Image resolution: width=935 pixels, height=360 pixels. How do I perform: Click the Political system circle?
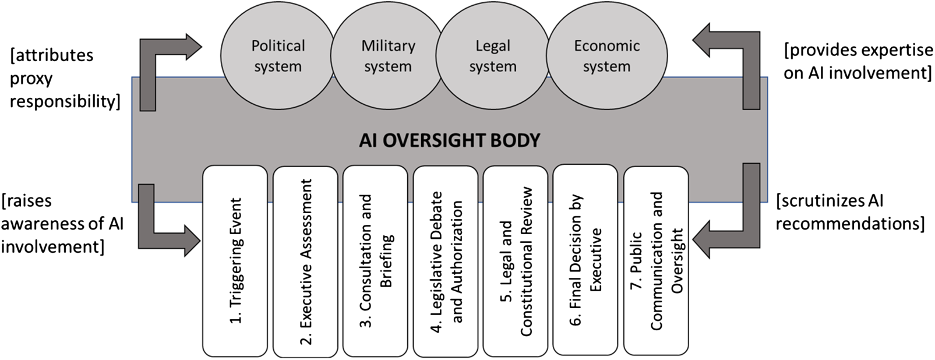point(277,55)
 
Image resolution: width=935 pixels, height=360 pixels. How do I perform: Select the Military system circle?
point(387,55)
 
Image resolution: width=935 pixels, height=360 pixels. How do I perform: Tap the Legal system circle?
point(493,55)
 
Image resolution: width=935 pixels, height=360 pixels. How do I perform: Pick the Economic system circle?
point(606,55)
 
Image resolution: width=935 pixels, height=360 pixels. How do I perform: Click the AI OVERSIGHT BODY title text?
point(449,140)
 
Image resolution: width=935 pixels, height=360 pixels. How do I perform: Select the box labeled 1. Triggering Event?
point(235,261)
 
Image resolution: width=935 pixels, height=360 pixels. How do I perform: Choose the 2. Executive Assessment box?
point(305,262)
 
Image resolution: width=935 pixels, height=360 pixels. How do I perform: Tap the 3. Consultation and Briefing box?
point(375,261)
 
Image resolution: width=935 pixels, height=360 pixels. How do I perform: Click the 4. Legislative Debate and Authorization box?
point(446,262)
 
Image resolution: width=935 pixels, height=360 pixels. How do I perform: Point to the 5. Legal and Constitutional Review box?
point(516,261)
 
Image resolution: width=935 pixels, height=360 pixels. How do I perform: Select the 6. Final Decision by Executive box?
point(585,260)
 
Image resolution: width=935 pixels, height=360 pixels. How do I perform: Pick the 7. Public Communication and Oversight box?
point(656,261)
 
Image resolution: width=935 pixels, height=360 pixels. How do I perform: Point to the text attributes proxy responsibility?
point(64,78)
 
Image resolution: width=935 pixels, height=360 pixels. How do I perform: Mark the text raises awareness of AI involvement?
point(62,224)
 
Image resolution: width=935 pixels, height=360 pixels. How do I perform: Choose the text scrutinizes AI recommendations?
point(850,212)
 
